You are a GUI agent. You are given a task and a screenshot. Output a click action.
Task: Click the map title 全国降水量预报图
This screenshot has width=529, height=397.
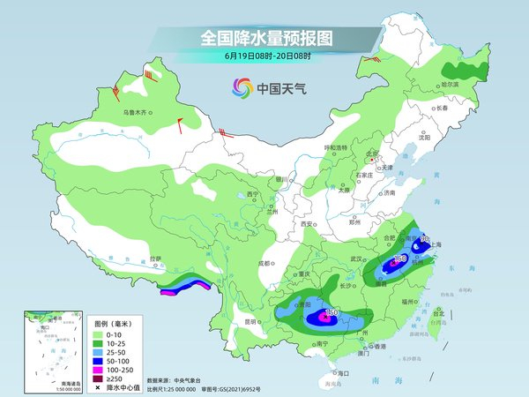coord(264,38)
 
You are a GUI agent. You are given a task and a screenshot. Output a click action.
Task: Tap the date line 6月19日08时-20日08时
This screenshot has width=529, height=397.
coord(264,58)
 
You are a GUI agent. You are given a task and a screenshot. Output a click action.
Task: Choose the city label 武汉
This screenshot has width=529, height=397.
coord(356,258)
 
